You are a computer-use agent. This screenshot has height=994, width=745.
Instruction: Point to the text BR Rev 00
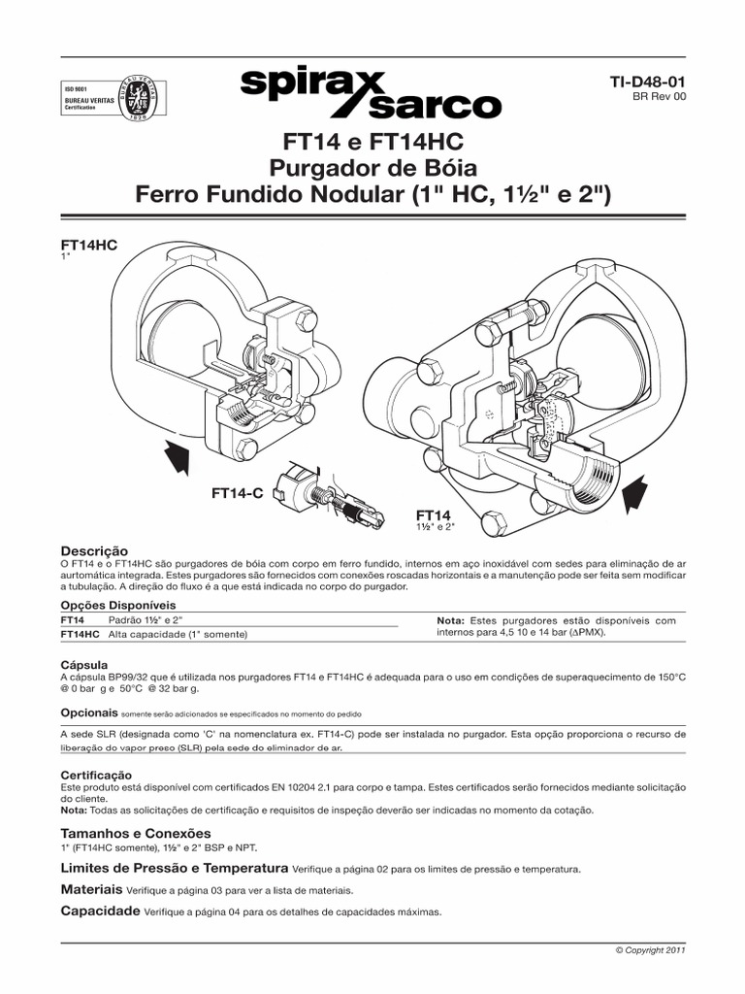pyautogui.click(x=659, y=99)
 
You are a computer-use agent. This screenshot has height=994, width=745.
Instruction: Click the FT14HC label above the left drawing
pyautogui.click(x=88, y=246)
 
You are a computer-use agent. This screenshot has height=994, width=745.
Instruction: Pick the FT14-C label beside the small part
pyautogui.click(x=238, y=494)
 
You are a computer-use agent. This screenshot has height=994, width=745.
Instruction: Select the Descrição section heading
pyautogui.click(x=94, y=549)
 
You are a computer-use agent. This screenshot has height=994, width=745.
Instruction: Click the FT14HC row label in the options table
pyautogui.click(x=80, y=634)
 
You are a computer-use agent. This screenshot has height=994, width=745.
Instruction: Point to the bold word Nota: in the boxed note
pyautogui.click(x=451, y=620)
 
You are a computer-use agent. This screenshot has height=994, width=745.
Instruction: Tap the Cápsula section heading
pyautogui.click(x=84, y=665)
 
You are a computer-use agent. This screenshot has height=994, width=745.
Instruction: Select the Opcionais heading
pyautogui.click(x=89, y=712)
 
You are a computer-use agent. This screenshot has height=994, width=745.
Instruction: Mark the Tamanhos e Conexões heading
pyautogui.click(x=135, y=833)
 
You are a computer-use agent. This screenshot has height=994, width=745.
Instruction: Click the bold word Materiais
pyautogui.click(x=91, y=889)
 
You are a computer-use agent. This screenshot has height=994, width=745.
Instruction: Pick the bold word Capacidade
pyautogui.click(x=100, y=911)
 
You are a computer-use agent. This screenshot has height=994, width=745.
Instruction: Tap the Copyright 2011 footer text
pyautogui.click(x=651, y=951)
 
